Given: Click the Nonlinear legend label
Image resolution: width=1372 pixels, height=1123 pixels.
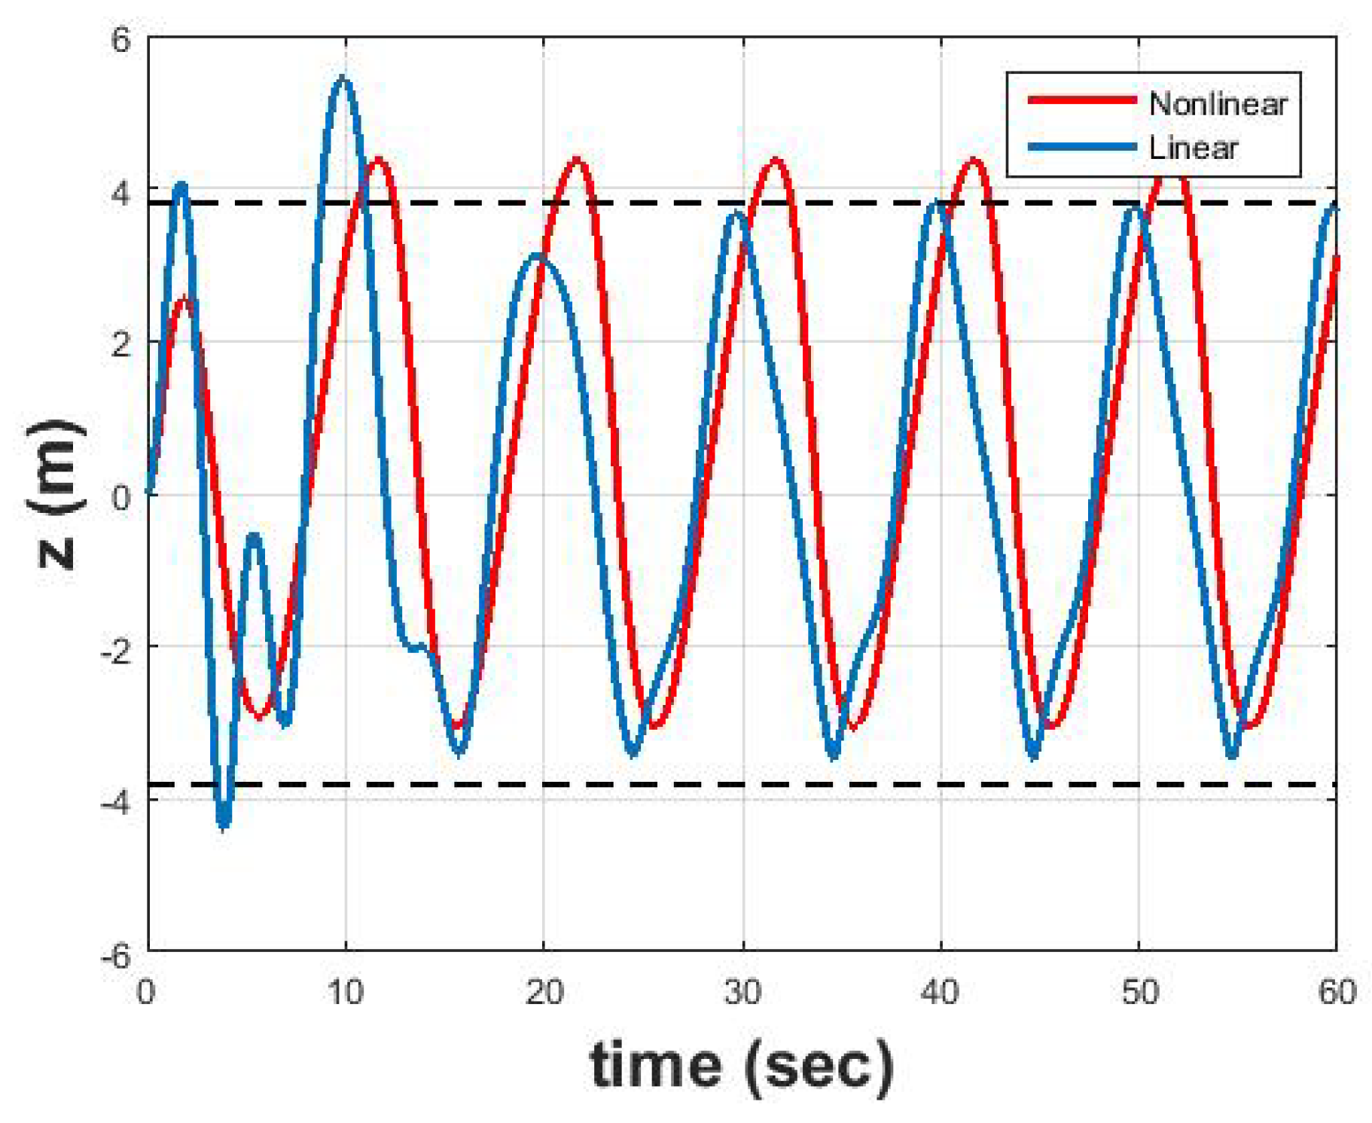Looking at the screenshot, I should click(x=1217, y=103).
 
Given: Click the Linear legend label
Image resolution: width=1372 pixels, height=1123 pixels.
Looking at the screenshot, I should click(x=1193, y=148).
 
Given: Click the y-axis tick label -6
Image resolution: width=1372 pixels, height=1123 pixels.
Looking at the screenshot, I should click(x=115, y=954).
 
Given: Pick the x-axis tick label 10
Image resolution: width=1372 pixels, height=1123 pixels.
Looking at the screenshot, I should click(x=346, y=992).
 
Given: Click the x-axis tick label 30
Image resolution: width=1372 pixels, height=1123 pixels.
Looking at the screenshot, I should click(x=742, y=992).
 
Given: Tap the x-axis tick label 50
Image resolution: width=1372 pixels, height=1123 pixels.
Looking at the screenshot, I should click(x=1139, y=992).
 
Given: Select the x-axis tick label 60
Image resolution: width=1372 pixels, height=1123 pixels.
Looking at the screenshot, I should click(x=1337, y=992).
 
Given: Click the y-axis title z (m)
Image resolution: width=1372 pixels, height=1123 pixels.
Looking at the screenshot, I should click(x=55, y=493).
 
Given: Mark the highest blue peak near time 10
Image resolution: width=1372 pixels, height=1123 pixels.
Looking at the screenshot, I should click(x=343, y=79).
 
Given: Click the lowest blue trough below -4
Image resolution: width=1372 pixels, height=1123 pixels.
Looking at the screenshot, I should click(x=224, y=823).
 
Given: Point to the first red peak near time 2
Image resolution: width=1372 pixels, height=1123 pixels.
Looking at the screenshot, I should click(x=184, y=300).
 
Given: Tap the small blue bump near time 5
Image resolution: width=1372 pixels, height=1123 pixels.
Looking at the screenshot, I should click(x=255, y=537).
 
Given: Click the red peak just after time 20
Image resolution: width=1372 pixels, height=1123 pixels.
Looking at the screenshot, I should click(x=578, y=160).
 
